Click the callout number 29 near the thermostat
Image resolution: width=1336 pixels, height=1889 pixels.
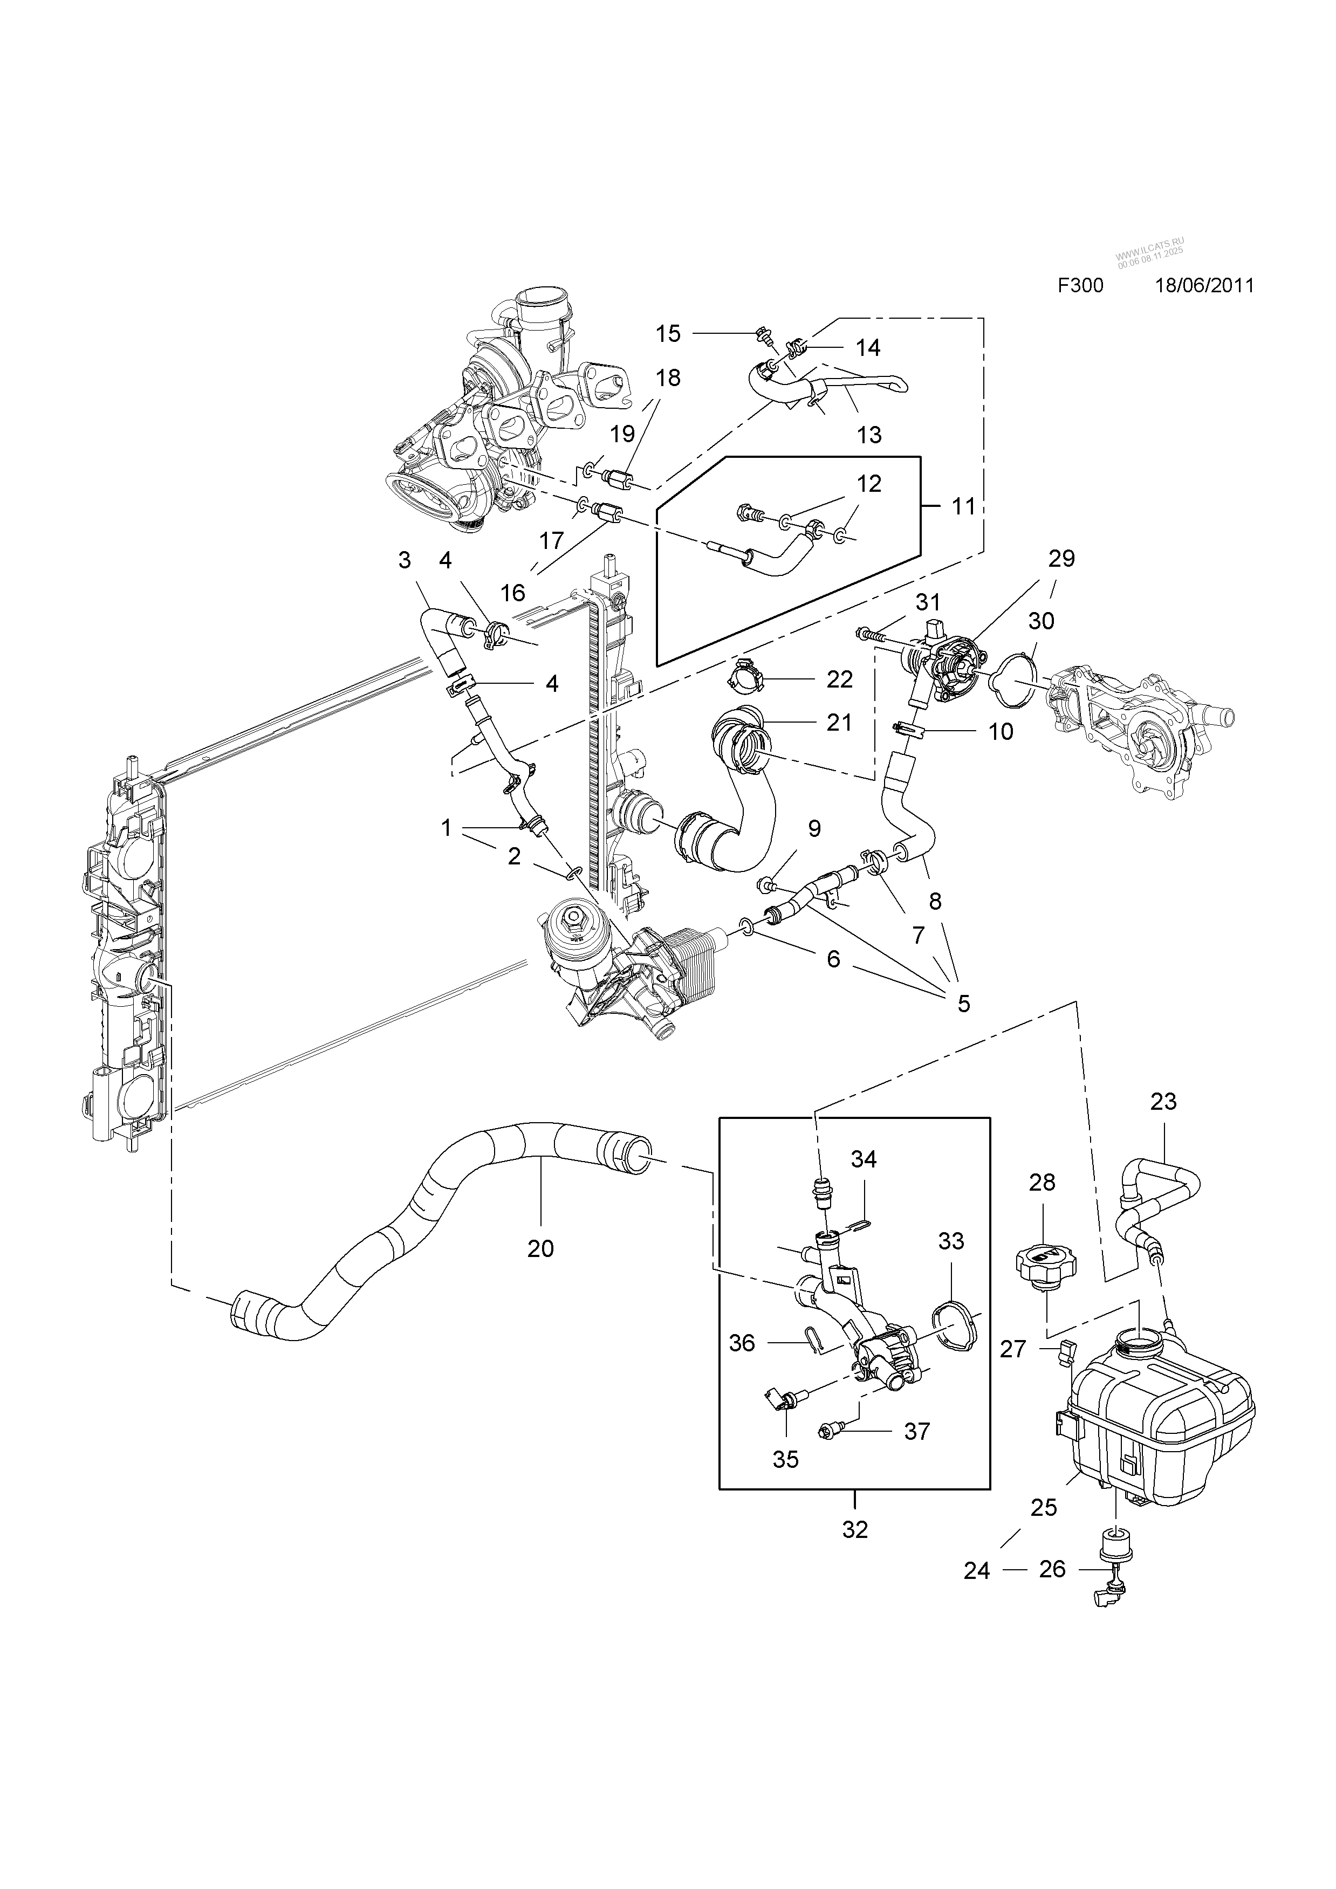tap(1061, 559)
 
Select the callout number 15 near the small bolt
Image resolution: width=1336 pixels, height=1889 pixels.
tap(668, 333)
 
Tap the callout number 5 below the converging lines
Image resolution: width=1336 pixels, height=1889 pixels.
tap(963, 1003)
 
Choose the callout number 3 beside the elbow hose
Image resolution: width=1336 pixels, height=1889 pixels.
tap(404, 560)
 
